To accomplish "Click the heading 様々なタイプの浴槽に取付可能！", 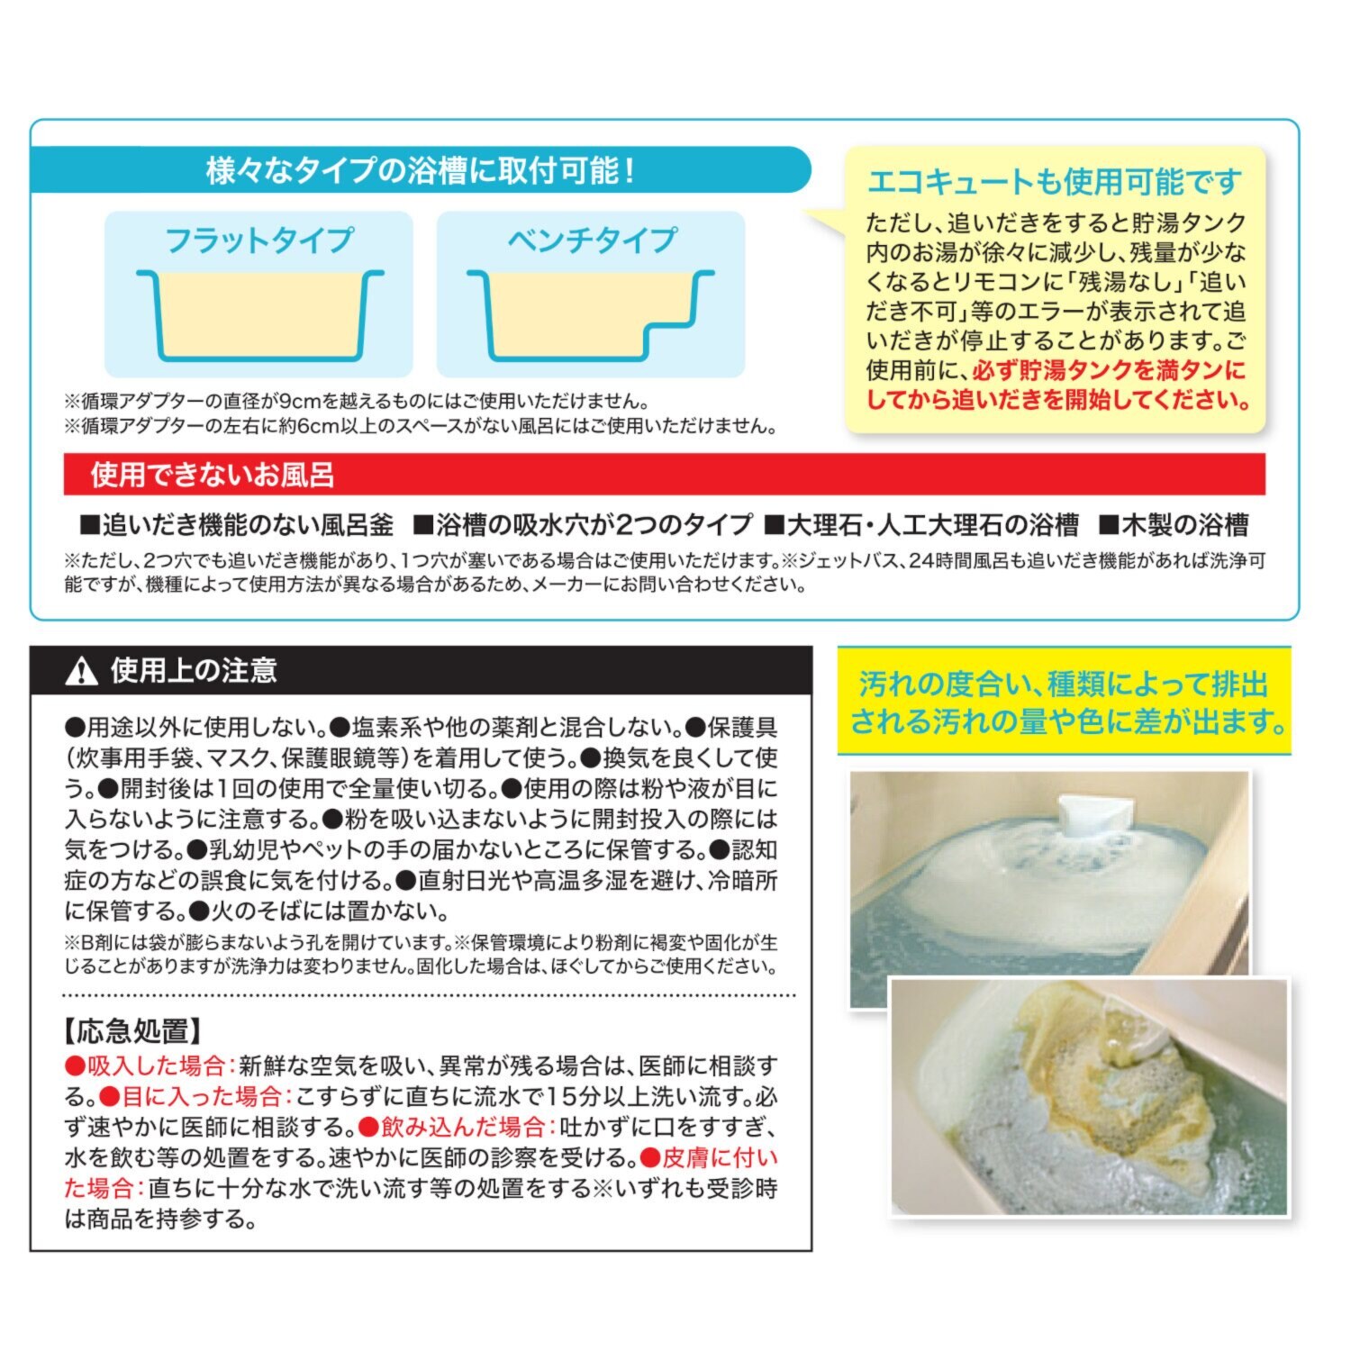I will [x=421, y=170].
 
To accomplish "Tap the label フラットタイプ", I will [x=259, y=240].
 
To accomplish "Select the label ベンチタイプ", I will [x=591, y=240].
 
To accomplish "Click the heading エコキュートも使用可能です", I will [x=1054, y=182].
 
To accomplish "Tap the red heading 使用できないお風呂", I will [x=213, y=475].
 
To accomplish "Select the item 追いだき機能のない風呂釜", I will [x=238, y=525].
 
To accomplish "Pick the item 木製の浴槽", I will [x=1174, y=525].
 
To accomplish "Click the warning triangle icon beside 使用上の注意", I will [x=82, y=671].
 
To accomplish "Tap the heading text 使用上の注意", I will [x=194, y=671].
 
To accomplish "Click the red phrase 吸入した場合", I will [x=149, y=1066].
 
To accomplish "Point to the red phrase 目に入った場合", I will [x=195, y=1097].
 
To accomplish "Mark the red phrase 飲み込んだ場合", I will [x=454, y=1128].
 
